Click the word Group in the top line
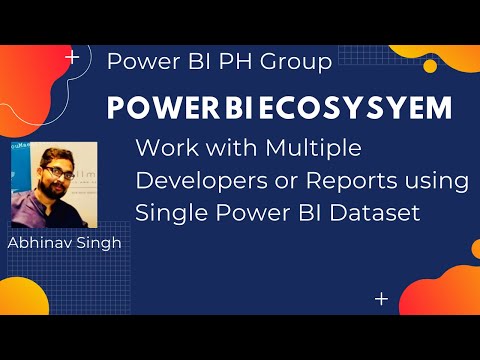(295, 62)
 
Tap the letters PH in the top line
(240, 62)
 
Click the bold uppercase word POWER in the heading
(147, 108)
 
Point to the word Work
(163, 149)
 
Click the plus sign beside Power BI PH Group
(71, 59)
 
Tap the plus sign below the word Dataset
(380, 298)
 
